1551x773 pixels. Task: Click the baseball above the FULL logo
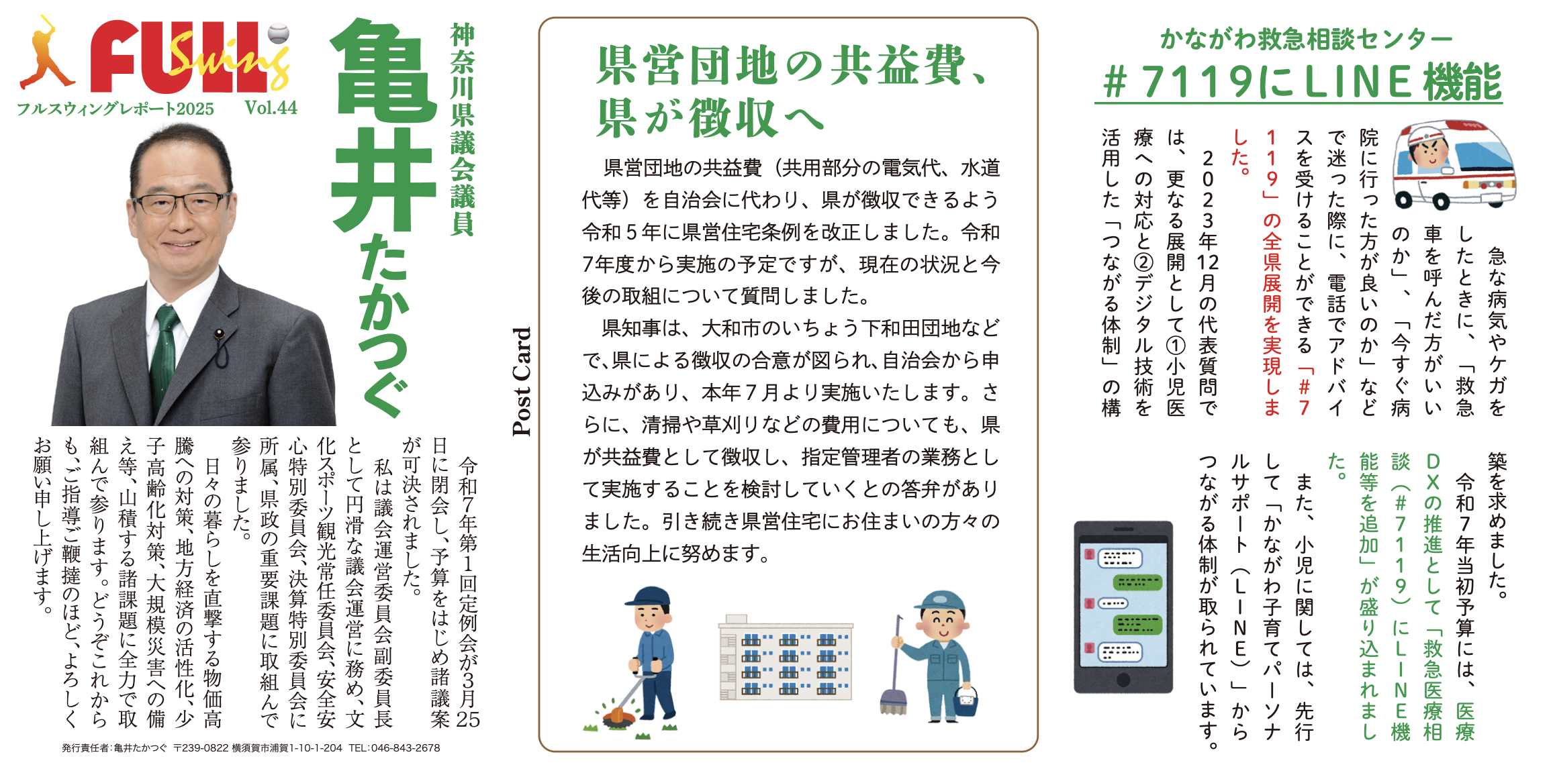click(278, 33)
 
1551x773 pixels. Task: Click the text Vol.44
click(271, 107)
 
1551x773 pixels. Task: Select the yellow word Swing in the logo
click(228, 59)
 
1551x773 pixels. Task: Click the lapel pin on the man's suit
click(219, 333)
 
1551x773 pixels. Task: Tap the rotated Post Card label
click(522, 381)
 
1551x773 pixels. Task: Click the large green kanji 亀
click(383, 70)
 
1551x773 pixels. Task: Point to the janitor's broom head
click(894, 701)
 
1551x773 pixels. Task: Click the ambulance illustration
click(1454, 165)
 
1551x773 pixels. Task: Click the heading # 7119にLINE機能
click(1301, 82)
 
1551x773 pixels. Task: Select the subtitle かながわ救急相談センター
click(1306, 39)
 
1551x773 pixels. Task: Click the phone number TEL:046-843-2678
click(394, 748)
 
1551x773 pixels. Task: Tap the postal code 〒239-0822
click(201, 748)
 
